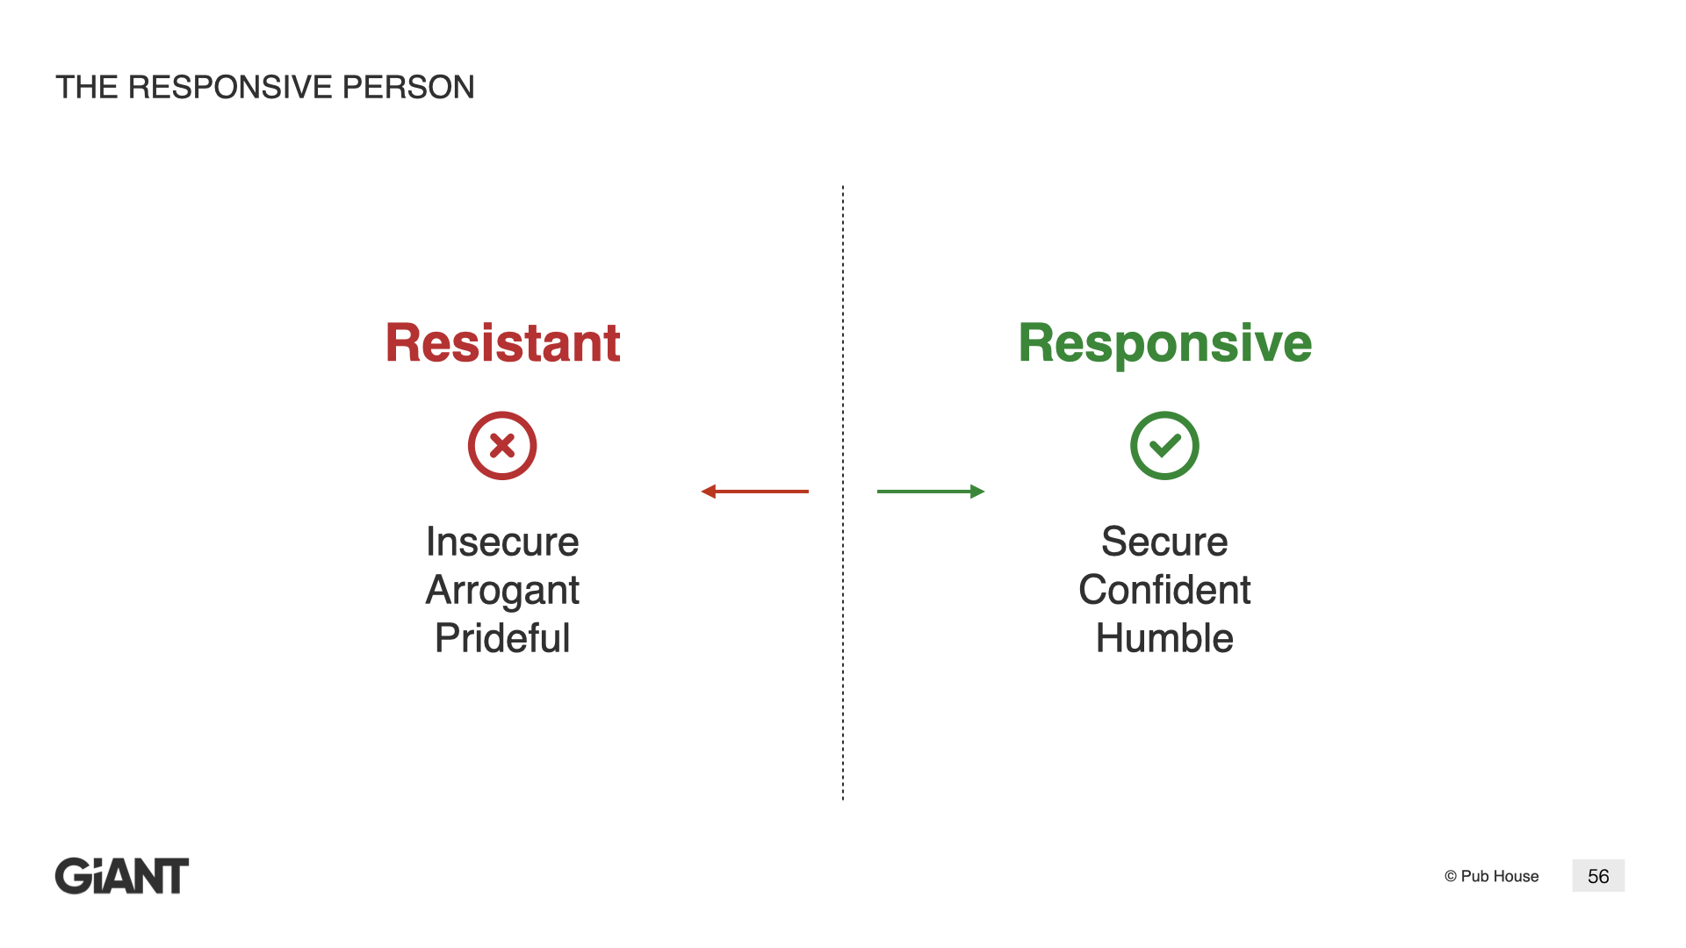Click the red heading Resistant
[502, 342]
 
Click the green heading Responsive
[1164, 344]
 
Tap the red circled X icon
[502, 446]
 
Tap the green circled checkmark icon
[1164, 446]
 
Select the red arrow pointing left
[755, 492]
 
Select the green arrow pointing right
[931, 492]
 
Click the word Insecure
[502, 542]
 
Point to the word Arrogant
[502, 591]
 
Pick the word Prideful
[502, 638]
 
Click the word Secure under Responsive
[1164, 542]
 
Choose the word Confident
[1164, 590]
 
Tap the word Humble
[1164, 638]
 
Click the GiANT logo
[122, 876]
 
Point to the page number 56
[1598, 876]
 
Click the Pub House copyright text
[1491, 876]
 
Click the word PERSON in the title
[408, 87]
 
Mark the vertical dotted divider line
[843, 492]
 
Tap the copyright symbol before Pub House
[1451, 876]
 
